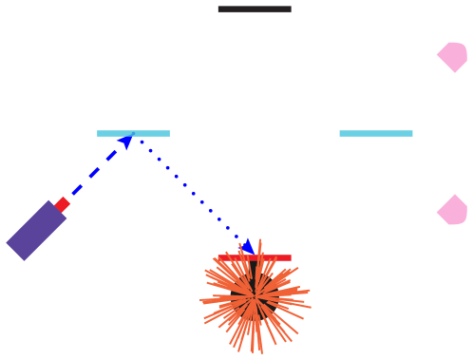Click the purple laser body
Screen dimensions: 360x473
(x=36, y=230)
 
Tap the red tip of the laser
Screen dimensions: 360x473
(x=63, y=204)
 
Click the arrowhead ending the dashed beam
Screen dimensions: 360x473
(x=125, y=141)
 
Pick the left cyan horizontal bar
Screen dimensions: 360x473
(x=133, y=133)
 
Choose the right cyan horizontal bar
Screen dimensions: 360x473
(x=376, y=133)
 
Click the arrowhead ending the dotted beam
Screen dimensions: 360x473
(x=248, y=246)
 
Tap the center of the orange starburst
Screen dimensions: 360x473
(x=255, y=297)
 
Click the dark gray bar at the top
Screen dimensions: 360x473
(x=255, y=9)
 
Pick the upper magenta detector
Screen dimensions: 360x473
(x=453, y=56)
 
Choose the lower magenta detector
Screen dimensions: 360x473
(x=453, y=210)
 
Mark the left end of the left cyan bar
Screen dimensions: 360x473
(x=99, y=133)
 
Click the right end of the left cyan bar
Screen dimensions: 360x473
(x=168, y=133)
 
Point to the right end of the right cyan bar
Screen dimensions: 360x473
(x=411, y=133)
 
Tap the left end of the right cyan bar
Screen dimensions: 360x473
(x=341, y=133)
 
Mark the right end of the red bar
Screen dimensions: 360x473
(x=290, y=257)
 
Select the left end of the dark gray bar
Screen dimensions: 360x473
(x=219, y=9)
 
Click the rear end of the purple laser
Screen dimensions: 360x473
(x=15, y=250)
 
